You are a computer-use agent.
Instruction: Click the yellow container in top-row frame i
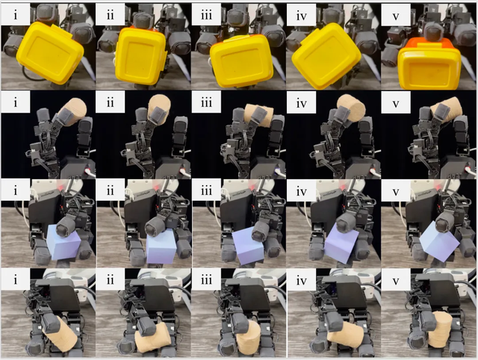point(50,53)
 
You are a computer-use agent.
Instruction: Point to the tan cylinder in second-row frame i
point(74,111)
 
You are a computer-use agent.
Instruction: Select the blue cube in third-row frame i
point(64,242)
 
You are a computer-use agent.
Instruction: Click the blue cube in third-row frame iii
point(248,246)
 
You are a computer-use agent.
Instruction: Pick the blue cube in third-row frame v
point(439,241)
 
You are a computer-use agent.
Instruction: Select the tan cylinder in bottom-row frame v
point(440,329)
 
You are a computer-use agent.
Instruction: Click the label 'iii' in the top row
point(206,14)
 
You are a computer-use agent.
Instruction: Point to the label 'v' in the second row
point(395,103)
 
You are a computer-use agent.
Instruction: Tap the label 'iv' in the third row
point(301,190)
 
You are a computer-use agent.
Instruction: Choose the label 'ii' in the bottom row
point(111,279)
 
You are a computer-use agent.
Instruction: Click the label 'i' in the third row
point(16,190)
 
